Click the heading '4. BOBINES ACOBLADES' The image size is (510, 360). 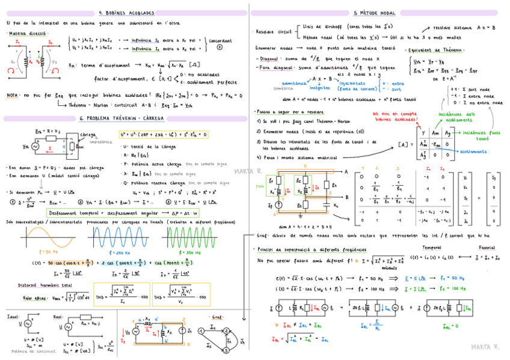[x=126, y=12]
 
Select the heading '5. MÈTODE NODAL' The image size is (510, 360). [x=375, y=12]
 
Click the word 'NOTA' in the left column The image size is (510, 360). [x=12, y=95]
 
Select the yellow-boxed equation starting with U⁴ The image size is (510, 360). [x=163, y=135]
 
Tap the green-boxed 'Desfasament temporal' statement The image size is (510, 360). [x=124, y=213]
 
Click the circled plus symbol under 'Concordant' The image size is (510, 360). [x=220, y=47]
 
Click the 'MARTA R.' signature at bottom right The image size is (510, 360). [x=485, y=347]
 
